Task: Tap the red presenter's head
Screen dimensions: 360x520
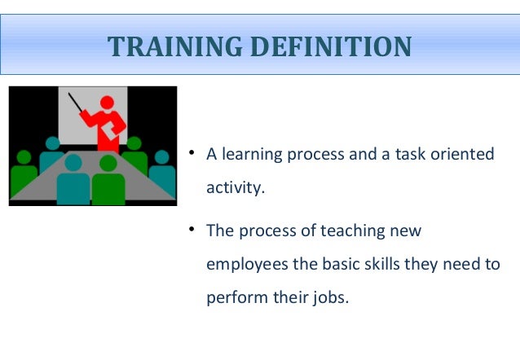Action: (x=106, y=104)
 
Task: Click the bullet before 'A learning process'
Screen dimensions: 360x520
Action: (x=190, y=153)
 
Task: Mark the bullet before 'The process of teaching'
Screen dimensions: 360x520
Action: (x=190, y=230)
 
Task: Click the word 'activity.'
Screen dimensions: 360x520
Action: (x=236, y=188)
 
